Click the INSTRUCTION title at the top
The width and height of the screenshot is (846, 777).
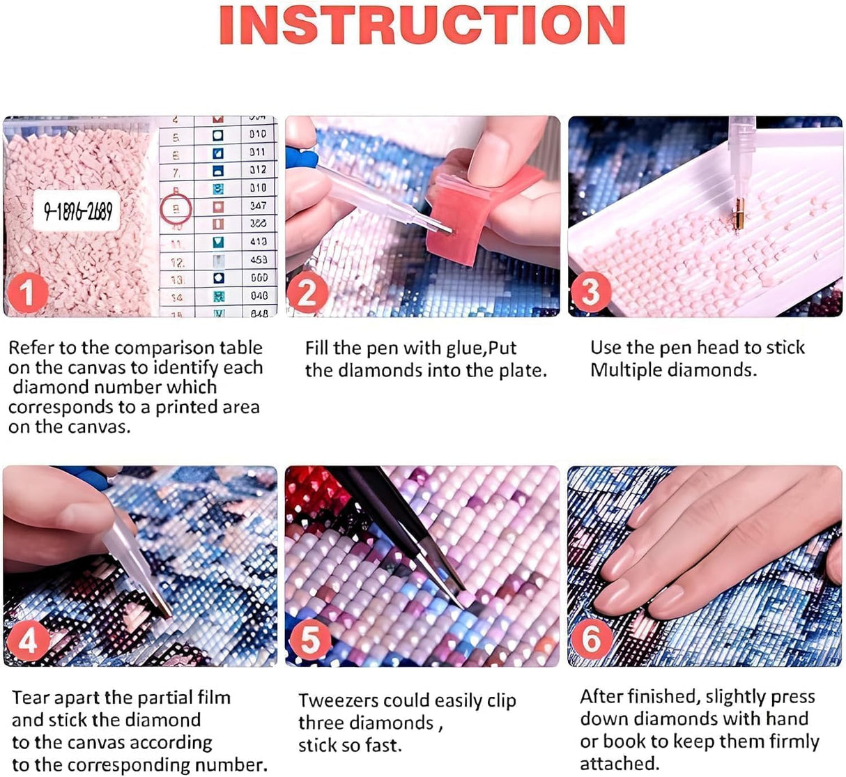click(422, 26)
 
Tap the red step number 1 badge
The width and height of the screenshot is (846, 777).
click(27, 293)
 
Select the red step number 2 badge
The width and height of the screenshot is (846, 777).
click(307, 293)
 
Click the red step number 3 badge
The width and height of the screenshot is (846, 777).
click(590, 292)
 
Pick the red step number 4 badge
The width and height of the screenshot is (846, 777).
click(27, 640)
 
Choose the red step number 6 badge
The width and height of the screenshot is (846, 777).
click(592, 640)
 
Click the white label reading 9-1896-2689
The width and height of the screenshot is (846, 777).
click(77, 210)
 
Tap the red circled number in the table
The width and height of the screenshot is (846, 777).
click(176, 208)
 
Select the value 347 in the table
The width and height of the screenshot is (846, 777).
click(258, 206)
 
